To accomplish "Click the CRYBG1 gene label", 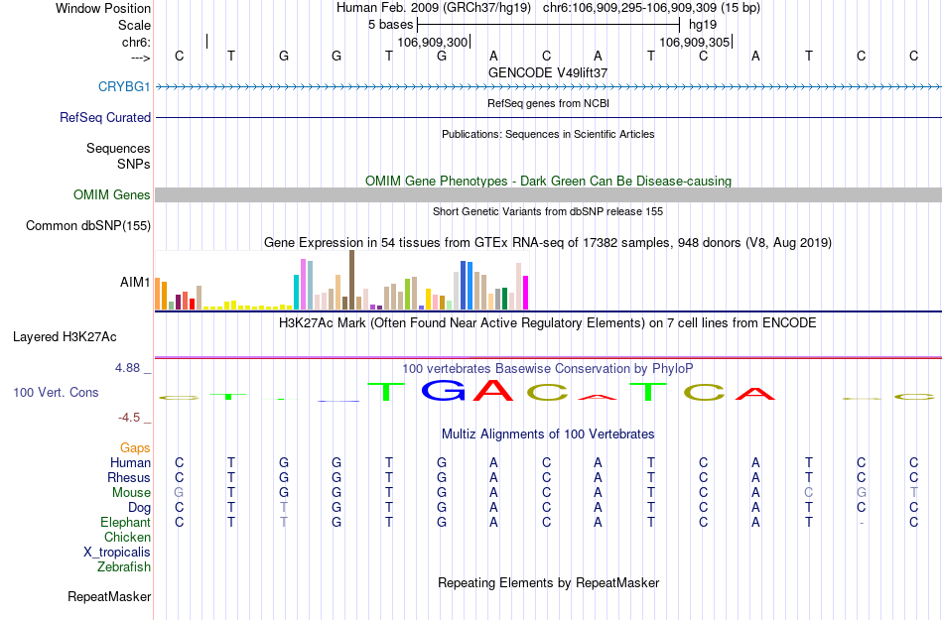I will pyautogui.click(x=124, y=87).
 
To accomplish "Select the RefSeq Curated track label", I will pyautogui.click(x=105, y=117).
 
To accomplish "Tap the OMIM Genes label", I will pyautogui.click(x=111, y=195).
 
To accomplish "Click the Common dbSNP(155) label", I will pyautogui.click(x=88, y=226).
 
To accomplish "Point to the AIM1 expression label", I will pyautogui.click(x=135, y=283).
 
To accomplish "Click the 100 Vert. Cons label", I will pyautogui.click(x=56, y=393).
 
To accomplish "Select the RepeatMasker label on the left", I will pyautogui.click(x=109, y=597).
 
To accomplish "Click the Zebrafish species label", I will pyautogui.click(x=124, y=567).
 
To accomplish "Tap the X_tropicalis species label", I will pyautogui.click(x=117, y=553).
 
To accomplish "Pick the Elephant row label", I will pyautogui.click(x=125, y=523).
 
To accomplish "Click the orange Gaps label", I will pyautogui.click(x=135, y=448).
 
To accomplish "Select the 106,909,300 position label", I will pyautogui.click(x=432, y=43).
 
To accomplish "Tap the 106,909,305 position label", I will pyautogui.click(x=695, y=43).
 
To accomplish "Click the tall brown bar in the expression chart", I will pyautogui.click(x=351, y=280).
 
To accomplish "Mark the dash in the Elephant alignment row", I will pyautogui.click(x=862, y=523).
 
